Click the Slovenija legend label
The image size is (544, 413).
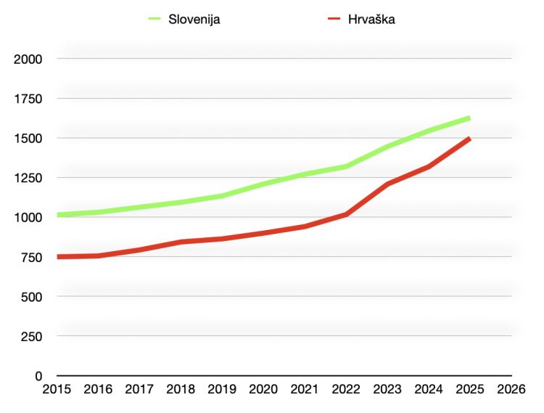pyautogui.click(x=194, y=20)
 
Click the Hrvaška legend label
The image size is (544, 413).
pyautogui.click(x=371, y=20)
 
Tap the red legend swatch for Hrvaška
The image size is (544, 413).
pyautogui.click(x=333, y=20)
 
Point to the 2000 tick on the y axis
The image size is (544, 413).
pyautogui.click(x=28, y=59)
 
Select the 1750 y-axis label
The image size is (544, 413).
pyautogui.click(x=28, y=99)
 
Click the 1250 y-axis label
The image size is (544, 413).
pyautogui.click(x=28, y=178)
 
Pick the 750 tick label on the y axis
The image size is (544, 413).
pyautogui.click(x=31, y=257)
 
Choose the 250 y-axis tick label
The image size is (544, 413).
pyautogui.click(x=31, y=337)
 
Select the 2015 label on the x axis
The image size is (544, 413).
pyautogui.click(x=57, y=390)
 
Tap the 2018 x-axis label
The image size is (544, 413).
pyautogui.click(x=181, y=390)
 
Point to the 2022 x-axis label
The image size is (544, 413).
pyautogui.click(x=346, y=390)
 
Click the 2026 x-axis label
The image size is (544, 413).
pyautogui.click(x=511, y=390)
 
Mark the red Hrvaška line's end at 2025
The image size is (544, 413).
pyautogui.click(x=469, y=139)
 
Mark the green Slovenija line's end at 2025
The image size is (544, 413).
pyautogui.click(x=469, y=118)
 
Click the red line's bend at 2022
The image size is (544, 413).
pyautogui.click(x=346, y=214)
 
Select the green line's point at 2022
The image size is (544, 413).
pyautogui.click(x=346, y=166)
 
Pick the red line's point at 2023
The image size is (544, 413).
pyautogui.click(x=387, y=184)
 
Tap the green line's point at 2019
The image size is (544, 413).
pyautogui.click(x=222, y=195)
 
